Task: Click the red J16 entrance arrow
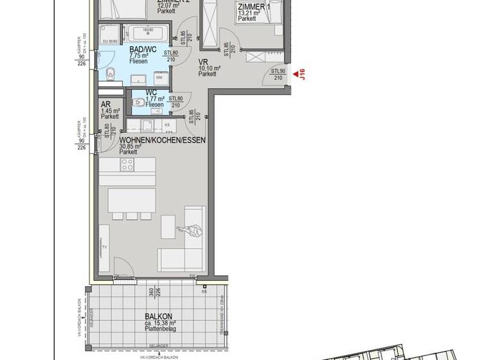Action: coord(296,76)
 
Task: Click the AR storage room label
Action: coord(105,104)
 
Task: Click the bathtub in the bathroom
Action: coord(147,32)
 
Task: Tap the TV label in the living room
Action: coord(104,246)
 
